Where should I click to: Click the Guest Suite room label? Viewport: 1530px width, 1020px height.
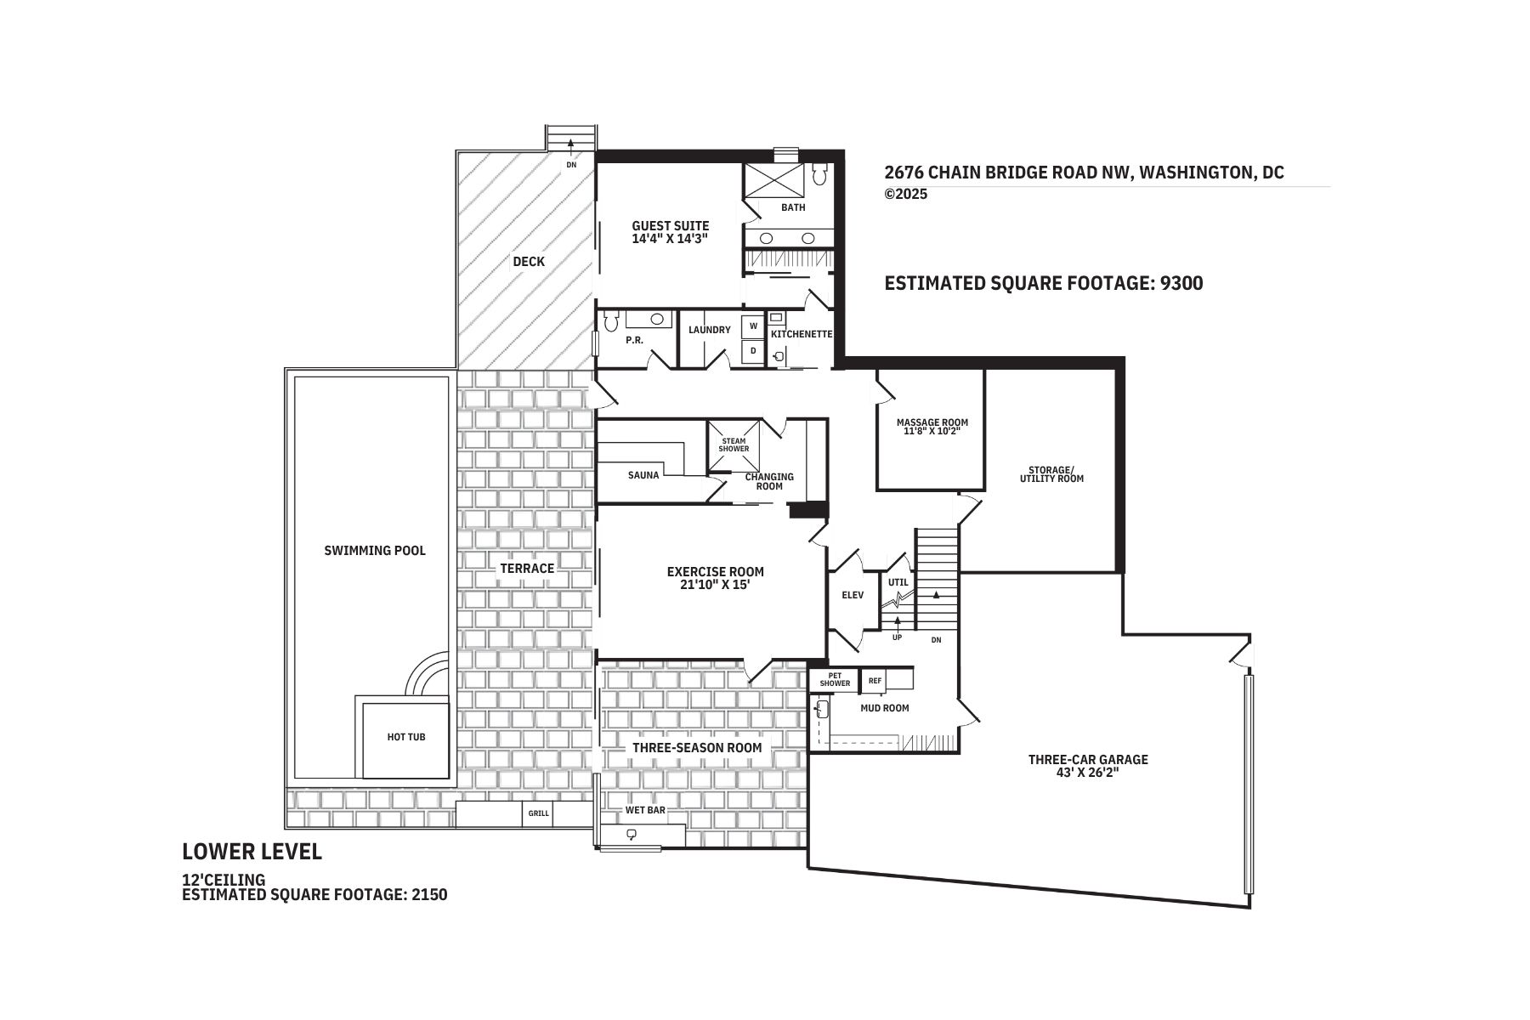pos(670,226)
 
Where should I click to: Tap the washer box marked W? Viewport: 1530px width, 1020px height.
pos(753,326)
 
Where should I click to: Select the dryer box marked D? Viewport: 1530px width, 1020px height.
pos(753,350)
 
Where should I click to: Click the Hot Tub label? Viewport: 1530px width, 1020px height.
pos(406,737)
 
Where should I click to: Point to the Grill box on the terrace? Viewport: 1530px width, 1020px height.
pos(539,813)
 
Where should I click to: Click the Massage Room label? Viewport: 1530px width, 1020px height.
pos(932,422)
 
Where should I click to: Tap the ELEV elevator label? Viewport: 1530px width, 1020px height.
pos(853,595)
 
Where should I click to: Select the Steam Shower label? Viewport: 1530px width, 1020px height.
pos(734,445)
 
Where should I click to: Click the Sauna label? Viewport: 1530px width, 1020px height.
pos(643,475)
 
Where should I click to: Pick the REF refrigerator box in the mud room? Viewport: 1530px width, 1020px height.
pos(875,680)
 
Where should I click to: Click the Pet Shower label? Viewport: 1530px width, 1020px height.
pos(836,679)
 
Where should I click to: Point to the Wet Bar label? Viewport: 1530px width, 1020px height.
pos(645,810)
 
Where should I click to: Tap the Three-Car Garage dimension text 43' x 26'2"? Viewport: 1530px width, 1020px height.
pos(1088,773)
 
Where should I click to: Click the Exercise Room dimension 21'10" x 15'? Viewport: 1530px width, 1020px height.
pos(716,585)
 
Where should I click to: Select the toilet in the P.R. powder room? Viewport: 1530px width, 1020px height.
pos(609,321)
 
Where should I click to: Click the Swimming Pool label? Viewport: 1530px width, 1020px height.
pos(375,551)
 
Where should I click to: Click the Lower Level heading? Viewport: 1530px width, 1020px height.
pos(252,852)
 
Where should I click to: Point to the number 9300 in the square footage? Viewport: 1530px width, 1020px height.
pos(1181,283)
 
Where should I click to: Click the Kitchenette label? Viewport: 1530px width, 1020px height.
pos(802,334)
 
